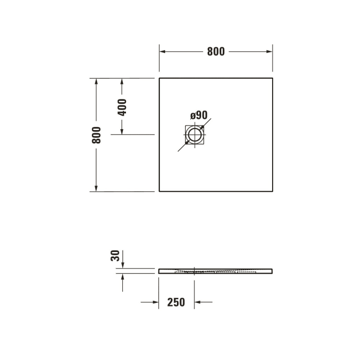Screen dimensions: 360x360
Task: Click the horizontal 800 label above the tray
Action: click(x=216, y=51)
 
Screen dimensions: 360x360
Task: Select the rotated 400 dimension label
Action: click(x=122, y=106)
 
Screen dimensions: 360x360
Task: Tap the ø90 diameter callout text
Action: click(x=198, y=115)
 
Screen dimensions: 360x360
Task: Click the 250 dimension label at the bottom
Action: click(x=176, y=302)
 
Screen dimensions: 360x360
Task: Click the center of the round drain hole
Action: click(x=195, y=135)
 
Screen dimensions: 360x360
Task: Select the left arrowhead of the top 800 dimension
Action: click(x=163, y=51)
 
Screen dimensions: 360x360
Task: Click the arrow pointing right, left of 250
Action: click(x=154, y=302)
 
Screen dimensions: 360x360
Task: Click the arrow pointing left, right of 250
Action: click(x=199, y=302)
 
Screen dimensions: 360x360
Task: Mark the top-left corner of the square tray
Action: click(x=159, y=78)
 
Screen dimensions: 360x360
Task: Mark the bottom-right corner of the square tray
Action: click(x=273, y=191)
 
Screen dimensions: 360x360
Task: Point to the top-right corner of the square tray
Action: click(x=273, y=78)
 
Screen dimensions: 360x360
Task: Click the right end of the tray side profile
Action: click(x=272, y=271)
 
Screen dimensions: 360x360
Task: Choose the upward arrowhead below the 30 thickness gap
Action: click(x=122, y=277)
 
